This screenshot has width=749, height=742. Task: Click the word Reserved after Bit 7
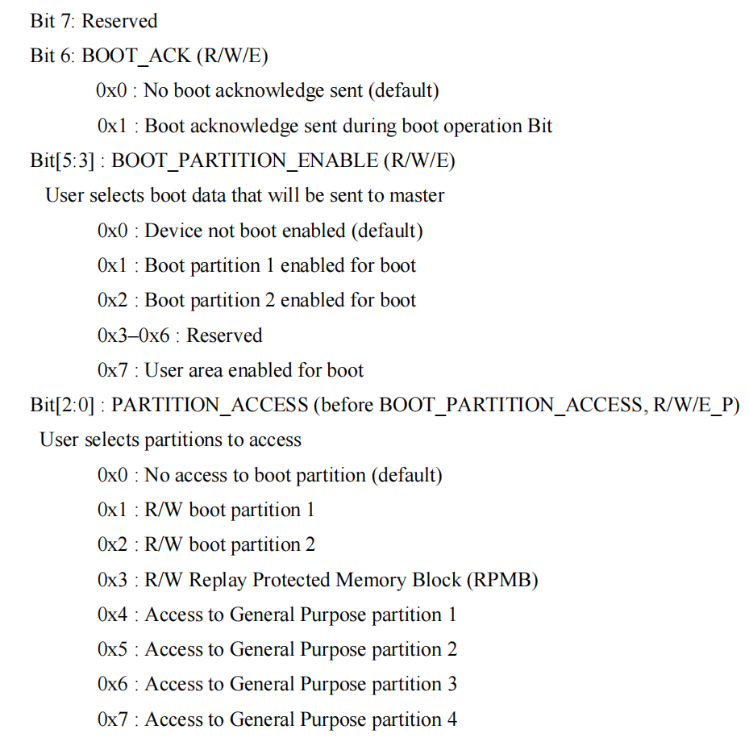click(x=119, y=21)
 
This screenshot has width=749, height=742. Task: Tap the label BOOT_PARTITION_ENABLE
click(x=244, y=160)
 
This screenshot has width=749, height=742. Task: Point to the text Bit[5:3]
click(x=63, y=160)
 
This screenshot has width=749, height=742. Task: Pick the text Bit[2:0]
click(x=63, y=405)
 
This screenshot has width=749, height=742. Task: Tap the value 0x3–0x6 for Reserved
click(x=134, y=336)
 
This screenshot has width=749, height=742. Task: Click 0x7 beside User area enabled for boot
click(x=112, y=370)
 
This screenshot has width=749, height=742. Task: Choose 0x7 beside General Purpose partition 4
click(x=112, y=719)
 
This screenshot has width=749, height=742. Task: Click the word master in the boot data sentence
click(x=417, y=195)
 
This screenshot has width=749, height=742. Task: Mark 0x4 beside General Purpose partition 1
click(x=112, y=615)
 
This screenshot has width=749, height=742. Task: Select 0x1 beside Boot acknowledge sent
click(x=112, y=126)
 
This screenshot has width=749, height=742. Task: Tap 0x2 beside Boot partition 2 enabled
click(x=112, y=300)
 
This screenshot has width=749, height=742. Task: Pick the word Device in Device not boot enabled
click(x=171, y=231)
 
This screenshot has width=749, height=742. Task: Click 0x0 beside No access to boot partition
click(x=112, y=475)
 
